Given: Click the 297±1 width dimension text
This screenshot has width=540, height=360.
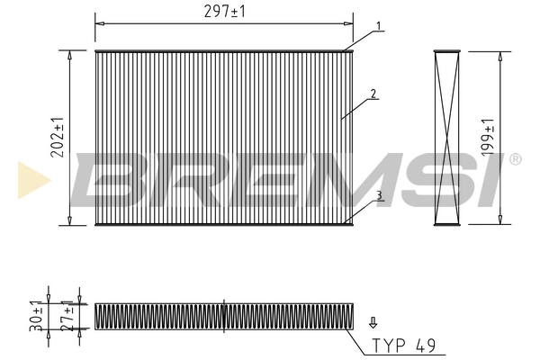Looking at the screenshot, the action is coord(224,12).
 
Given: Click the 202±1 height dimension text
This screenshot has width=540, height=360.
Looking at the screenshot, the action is coord(58,138).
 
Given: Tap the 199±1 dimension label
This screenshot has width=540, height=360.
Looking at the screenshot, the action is coord(488,137).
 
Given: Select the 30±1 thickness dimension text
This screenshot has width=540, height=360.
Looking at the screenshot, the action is coord(36,316).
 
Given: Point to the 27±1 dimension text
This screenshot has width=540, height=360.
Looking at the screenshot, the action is coord(67,316).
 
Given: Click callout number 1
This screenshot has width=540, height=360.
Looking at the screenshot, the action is coord(379,26).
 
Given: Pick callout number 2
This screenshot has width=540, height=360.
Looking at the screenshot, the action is coord(373,94).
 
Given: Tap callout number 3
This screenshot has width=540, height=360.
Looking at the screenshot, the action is coord(379,195).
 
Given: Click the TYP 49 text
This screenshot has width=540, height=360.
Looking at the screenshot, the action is coord(403,346).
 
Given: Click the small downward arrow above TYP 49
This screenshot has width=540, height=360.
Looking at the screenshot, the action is coord(373,323).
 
